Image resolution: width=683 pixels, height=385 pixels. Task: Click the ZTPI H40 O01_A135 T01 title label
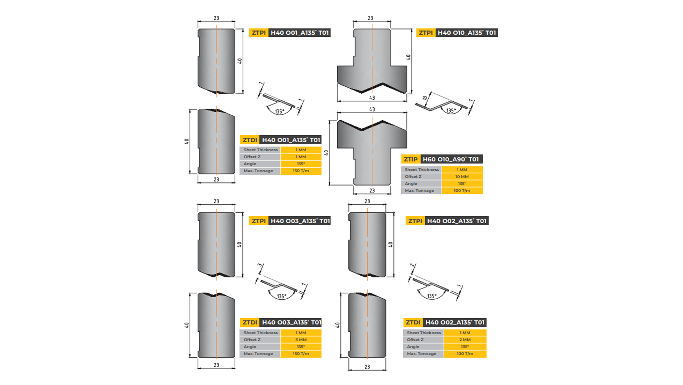tap(290, 33)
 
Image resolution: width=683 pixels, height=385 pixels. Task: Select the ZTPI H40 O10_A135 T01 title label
tap(457, 33)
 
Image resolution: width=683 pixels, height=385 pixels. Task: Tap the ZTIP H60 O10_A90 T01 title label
tap(442, 159)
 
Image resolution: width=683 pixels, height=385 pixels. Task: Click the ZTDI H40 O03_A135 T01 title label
tap(281, 322)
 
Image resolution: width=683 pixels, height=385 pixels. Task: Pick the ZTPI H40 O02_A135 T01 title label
tap(447, 221)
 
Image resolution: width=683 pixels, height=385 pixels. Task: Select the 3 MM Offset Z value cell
tap(301, 340)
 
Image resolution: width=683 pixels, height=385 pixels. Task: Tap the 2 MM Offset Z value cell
tap(465, 340)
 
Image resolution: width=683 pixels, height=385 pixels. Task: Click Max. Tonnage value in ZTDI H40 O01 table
tap(301, 171)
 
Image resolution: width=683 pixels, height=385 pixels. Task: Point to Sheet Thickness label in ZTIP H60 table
tap(422, 170)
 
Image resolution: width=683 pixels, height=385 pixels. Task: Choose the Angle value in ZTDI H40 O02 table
tap(465, 346)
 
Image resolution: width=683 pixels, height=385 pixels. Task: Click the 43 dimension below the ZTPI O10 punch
tap(372, 98)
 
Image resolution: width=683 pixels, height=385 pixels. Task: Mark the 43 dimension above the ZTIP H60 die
tap(372, 109)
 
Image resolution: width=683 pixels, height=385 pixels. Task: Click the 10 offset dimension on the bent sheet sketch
tap(425, 98)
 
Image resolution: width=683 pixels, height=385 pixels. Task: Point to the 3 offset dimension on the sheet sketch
tap(260, 265)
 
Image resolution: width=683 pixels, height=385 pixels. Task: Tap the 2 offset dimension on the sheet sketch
tap(412, 265)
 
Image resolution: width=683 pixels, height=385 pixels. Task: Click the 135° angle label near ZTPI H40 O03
tap(281, 296)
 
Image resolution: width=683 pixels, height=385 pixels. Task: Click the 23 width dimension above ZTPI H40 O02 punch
tap(367, 201)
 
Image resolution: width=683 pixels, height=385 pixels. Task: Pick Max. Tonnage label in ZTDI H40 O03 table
tap(258, 354)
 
